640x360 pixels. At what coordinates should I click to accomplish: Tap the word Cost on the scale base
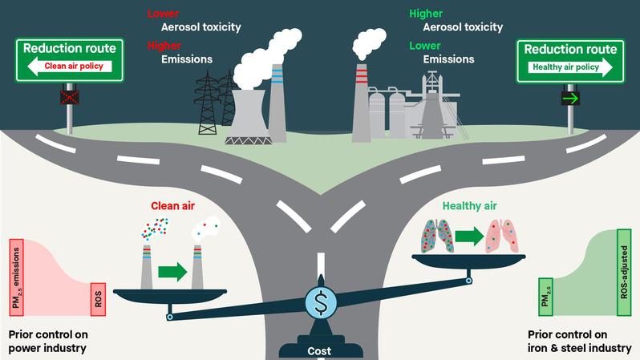(x=319, y=350)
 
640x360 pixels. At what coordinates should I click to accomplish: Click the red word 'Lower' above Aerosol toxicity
(x=162, y=14)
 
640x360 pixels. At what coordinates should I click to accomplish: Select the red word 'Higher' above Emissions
(x=164, y=45)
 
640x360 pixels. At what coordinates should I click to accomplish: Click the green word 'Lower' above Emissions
(x=426, y=45)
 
